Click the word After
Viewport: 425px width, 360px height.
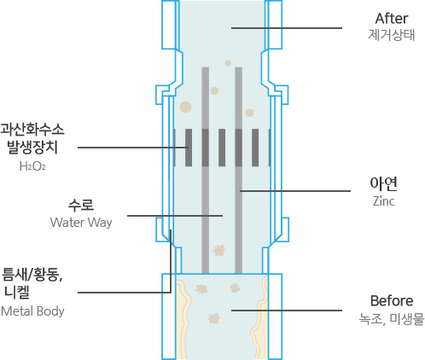click(x=392, y=19)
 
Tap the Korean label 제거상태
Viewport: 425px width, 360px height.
click(x=392, y=35)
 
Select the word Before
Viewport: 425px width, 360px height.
click(x=392, y=301)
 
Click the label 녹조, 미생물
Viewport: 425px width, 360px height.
click(x=392, y=319)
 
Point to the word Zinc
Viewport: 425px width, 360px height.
click(x=383, y=201)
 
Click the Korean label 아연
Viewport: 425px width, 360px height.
click(x=383, y=183)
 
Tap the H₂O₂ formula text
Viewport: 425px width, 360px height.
click(x=32, y=166)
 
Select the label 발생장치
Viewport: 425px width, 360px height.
click(x=32, y=148)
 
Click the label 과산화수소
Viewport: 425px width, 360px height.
click(x=32, y=130)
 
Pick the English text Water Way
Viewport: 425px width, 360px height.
click(x=81, y=223)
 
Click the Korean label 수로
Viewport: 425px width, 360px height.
click(x=81, y=205)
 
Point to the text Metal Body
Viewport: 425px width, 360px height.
click(x=32, y=311)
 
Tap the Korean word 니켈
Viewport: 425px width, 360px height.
click(x=17, y=293)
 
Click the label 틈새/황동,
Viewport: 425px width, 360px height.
click(x=32, y=275)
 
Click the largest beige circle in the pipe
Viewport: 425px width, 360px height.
click(x=185, y=107)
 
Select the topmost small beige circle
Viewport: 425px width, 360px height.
click(x=228, y=63)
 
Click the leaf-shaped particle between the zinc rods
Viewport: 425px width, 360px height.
click(x=218, y=251)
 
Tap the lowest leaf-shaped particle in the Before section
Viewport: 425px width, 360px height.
click(x=213, y=318)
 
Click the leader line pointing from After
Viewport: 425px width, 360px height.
click(x=287, y=28)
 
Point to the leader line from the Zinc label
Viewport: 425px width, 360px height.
click(x=295, y=191)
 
